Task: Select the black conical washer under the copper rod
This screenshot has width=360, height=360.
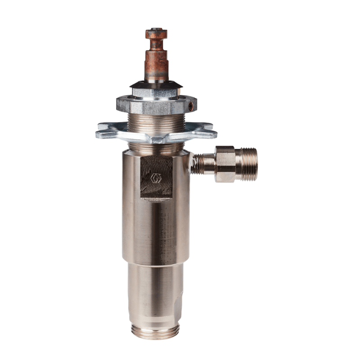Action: (x=156, y=85)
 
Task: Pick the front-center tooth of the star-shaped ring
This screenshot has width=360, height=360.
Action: (x=156, y=139)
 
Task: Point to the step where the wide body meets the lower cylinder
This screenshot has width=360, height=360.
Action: (x=155, y=262)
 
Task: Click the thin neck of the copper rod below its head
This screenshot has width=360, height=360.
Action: (x=156, y=45)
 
